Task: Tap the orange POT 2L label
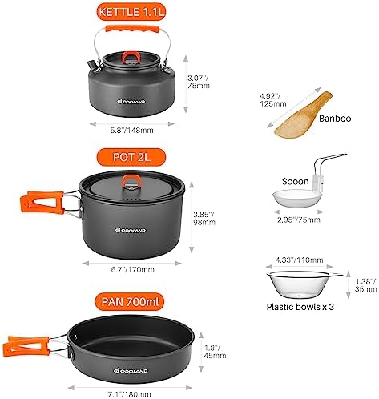[131, 155]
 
